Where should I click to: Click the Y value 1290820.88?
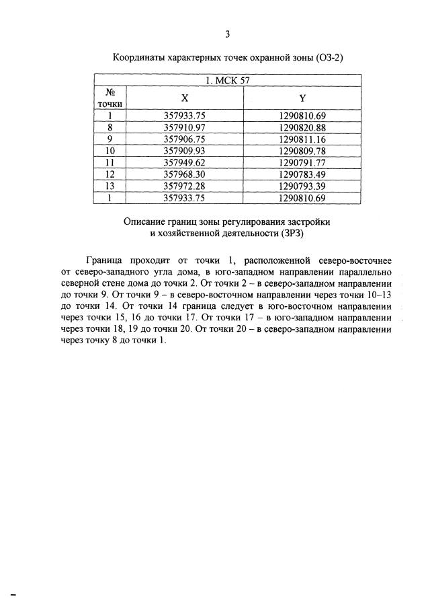pos(302,128)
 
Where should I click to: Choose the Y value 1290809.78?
pos(302,151)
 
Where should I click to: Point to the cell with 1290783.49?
pos(302,174)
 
